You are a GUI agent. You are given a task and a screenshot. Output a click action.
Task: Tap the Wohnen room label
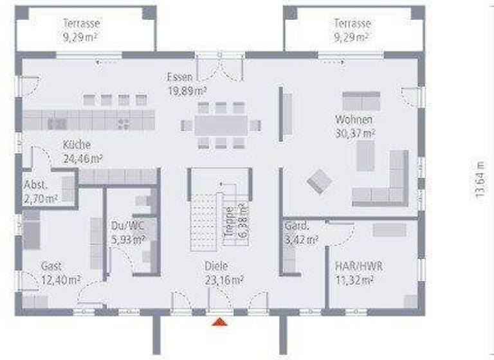coord(354,120)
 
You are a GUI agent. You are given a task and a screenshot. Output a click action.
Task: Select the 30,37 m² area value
coord(354,134)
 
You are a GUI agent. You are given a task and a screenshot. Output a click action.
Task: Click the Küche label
coord(77,145)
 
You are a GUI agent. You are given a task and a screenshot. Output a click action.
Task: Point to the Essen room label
coord(179,76)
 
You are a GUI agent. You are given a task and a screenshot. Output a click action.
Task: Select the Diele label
coord(217,265)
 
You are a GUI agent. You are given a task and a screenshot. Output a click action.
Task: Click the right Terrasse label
coord(352,24)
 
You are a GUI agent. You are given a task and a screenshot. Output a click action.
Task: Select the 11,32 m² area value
coord(354,280)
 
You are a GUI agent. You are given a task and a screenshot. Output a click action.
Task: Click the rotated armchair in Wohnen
coord(320,181)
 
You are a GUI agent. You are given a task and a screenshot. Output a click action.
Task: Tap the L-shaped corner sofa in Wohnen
coord(387,183)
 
